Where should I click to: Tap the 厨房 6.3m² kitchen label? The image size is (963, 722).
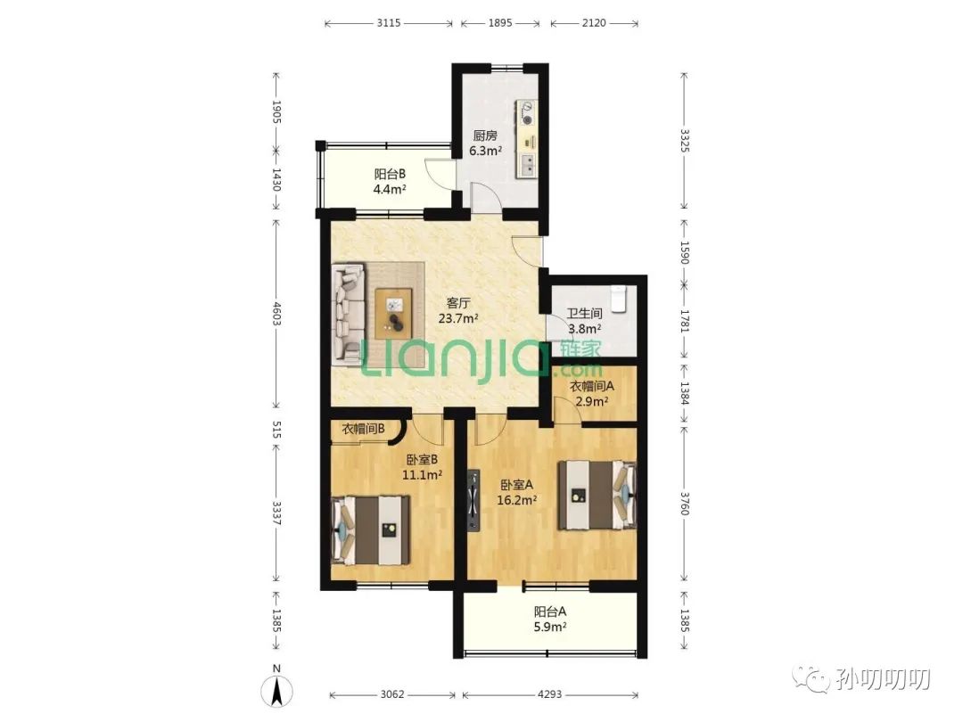485,143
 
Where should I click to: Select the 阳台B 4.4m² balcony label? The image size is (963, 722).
390,181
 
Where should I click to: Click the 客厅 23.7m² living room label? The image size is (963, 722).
459,310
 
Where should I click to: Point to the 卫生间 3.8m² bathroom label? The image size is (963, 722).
585,321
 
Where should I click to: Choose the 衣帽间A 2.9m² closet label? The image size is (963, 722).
592,394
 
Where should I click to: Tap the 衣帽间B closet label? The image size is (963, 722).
363,429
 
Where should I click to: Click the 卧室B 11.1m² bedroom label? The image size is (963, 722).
422,466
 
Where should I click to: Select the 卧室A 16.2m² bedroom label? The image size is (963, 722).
517,492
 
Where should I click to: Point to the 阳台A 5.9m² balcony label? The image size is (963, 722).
550,619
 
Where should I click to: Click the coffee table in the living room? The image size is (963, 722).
393,313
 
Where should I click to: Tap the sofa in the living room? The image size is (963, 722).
349,315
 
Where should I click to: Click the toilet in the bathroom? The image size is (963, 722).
619,299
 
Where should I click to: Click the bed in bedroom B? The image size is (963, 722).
371,529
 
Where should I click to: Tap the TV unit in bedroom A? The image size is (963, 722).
473,501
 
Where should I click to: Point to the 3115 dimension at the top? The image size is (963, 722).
389,23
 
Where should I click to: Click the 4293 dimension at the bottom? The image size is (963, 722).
550,694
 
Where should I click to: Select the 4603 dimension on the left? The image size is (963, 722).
276,314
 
